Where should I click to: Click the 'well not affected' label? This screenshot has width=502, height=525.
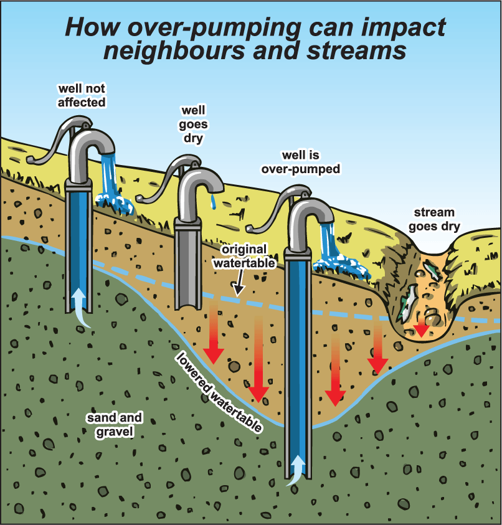click(x=82, y=95)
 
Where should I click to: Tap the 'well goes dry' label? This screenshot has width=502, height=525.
click(x=193, y=124)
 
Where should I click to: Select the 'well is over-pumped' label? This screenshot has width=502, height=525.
click(x=301, y=163)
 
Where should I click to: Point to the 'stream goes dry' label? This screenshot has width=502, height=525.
click(x=434, y=220)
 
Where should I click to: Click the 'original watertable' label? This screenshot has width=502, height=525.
click(x=245, y=257)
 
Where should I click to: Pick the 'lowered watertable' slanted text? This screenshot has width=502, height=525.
click(x=219, y=392)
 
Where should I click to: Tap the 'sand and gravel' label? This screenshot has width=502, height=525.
click(x=115, y=425)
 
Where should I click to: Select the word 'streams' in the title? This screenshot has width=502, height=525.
click(x=357, y=51)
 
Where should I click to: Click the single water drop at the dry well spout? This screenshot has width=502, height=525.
click(x=213, y=201)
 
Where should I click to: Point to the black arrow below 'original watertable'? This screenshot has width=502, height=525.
click(x=239, y=283)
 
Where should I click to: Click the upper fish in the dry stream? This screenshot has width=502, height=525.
click(x=431, y=270)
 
